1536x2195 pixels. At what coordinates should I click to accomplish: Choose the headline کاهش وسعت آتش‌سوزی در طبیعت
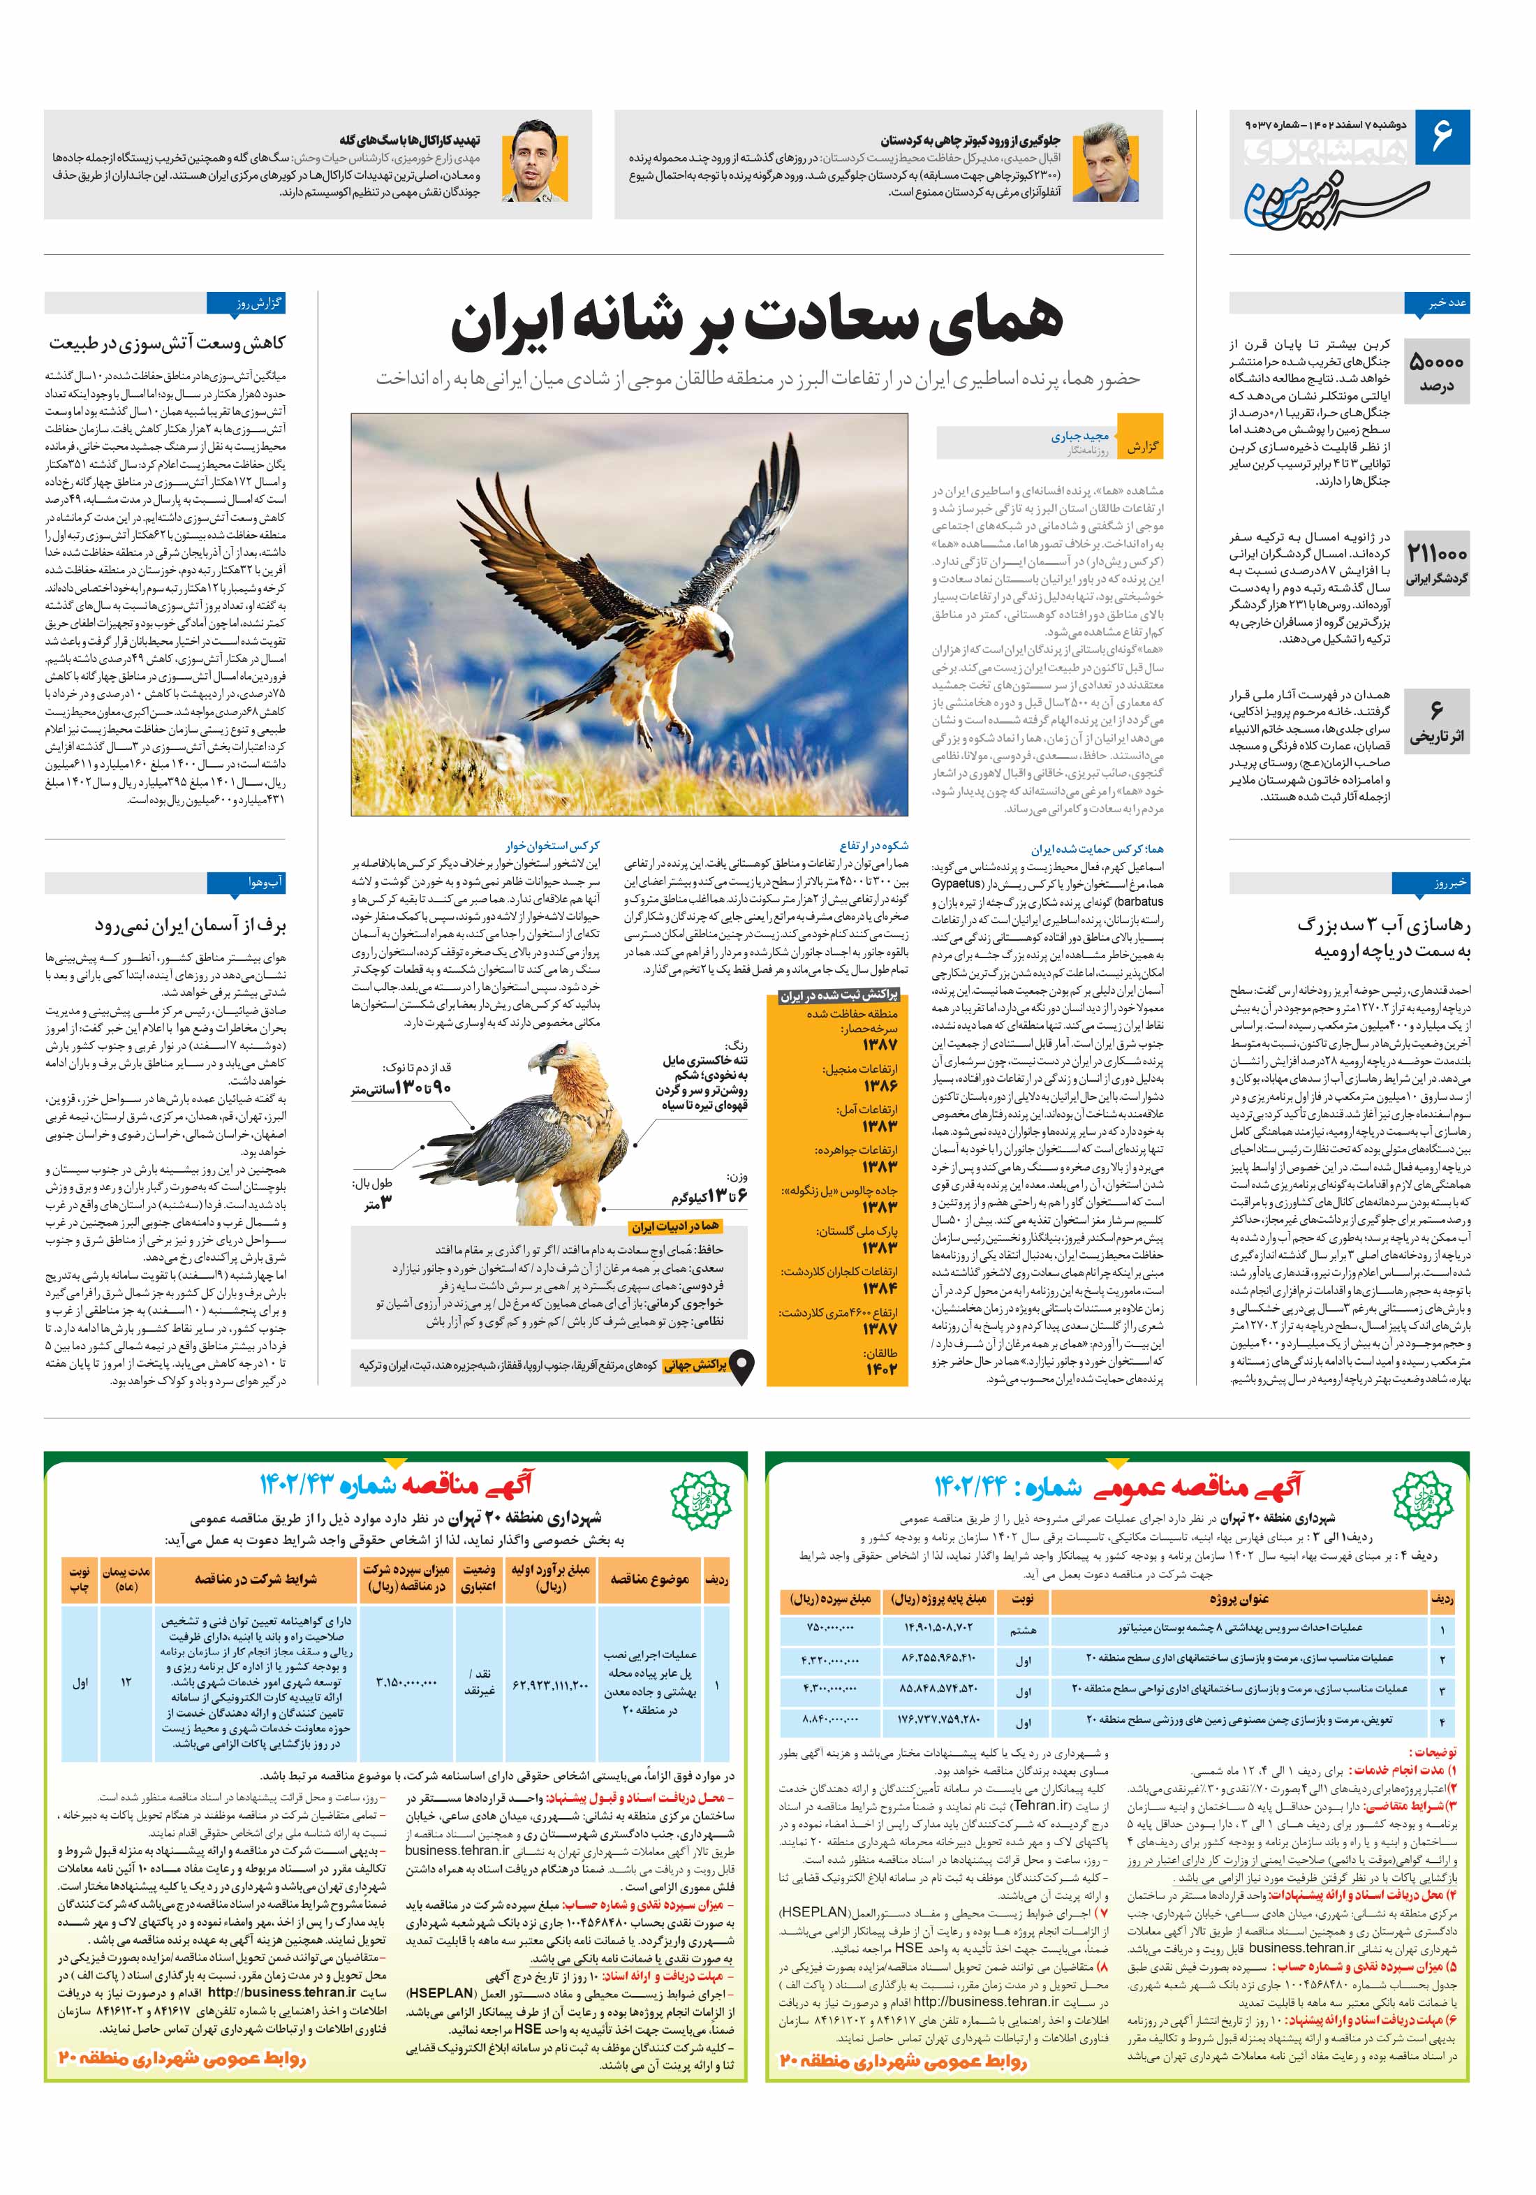pos(168,342)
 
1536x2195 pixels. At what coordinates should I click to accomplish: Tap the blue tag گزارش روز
pos(246,304)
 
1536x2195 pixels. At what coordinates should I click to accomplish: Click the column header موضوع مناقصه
pos(649,1578)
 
